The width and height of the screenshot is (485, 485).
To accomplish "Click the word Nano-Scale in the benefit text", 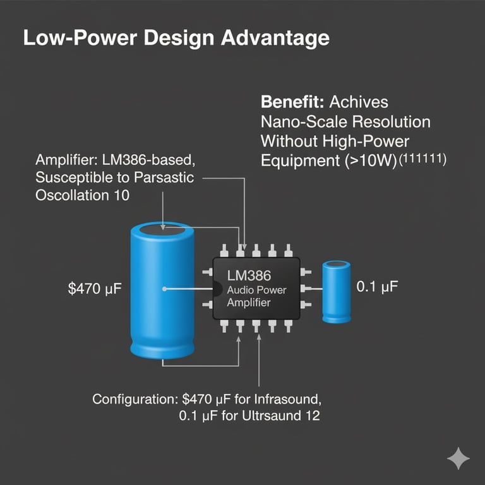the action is coord(299,121).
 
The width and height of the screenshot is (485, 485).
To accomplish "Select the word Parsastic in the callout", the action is coord(166,177).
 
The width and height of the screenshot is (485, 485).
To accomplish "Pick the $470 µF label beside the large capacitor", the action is coord(95,290).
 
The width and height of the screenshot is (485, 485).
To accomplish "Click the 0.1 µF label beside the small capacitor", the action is coord(378,287).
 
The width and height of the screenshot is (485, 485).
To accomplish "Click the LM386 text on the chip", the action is coord(248,275).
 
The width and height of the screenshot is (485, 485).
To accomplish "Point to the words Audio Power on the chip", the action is coord(256,290).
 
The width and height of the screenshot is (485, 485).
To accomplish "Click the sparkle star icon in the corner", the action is coord(458,459).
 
